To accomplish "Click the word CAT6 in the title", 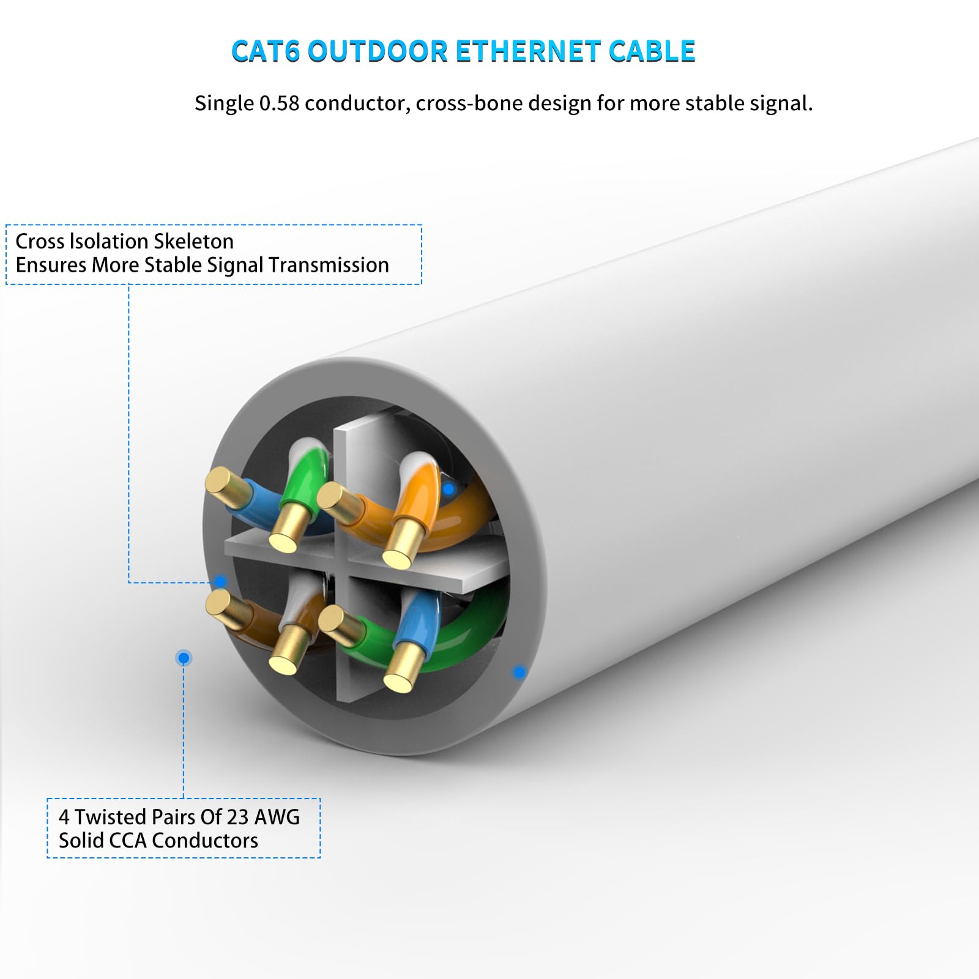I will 266,51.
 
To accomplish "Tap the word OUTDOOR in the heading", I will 378,51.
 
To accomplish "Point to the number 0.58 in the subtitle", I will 279,103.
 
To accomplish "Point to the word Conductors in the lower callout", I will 205,841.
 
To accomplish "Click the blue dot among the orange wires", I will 449,489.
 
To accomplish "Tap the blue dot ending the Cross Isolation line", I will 220,581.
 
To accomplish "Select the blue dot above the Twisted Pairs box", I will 184,658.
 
